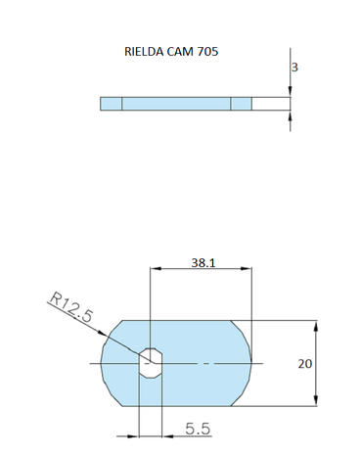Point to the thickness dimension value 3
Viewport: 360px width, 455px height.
[294, 68]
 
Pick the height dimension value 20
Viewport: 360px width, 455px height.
[304, 363]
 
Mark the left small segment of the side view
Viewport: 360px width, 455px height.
[111, 104]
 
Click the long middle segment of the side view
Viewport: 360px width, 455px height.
[176, 104]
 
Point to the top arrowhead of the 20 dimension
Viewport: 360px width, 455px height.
[315, 326]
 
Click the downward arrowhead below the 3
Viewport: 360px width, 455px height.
[292, 91]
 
